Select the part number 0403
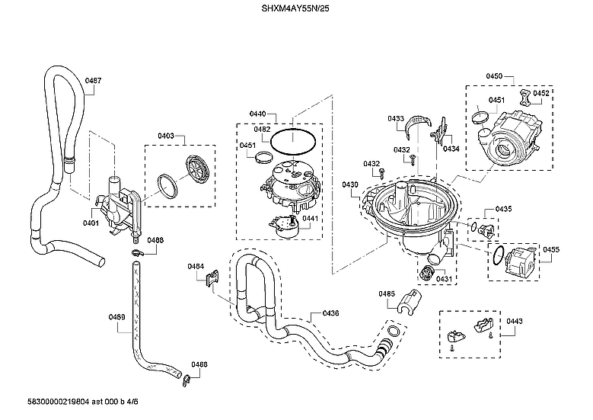click(167, 136)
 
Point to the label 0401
click(91, 223)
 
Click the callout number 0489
click(116, 317)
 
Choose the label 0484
click(196, 266)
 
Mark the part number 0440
click(258, 114)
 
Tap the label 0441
click(311, 219)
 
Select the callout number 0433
click(396, 119)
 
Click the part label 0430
click(350, 185)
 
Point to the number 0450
click(494, 76)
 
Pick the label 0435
click(504, 209)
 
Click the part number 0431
click(444, 279)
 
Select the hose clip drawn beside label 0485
click(409, 302)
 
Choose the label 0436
click(331, 313)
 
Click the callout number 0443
click(514, 322)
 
